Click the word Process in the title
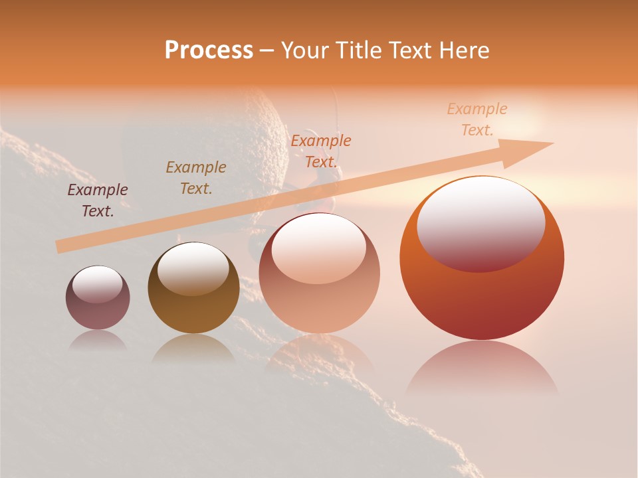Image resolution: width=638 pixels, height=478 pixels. [x=209, y=50]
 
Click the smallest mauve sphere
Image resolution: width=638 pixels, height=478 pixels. [x=98, y=298]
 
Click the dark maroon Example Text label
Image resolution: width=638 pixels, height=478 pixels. [x=98, y=200]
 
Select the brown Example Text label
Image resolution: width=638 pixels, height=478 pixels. [x=196, y=178]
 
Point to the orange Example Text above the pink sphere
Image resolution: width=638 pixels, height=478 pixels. [x=321, y=151]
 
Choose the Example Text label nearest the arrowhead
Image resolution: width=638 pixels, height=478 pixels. [x=477, y=119]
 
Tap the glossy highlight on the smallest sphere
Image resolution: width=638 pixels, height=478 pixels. [x=98, y=284]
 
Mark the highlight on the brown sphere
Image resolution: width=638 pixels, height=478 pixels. [x=193, y=268]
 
